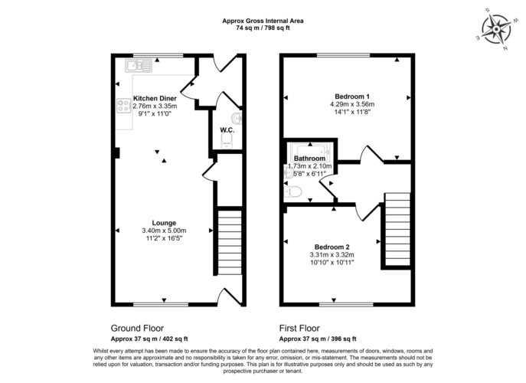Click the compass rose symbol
pyautogui.click(x=496, y=30)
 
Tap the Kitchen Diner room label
pyautogui.click(x=155, y=98)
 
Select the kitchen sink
pyautogui.click(x=139, y=65)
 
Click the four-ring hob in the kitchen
pyautogui.click(x=124, y=105)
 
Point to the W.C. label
pyautogui.click(x=227, y=130)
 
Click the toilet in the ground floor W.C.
pyautogui.click(x=227, y=141)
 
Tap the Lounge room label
pyautogui.click(x=164, y=223)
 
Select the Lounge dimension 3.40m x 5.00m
pyautogui.click(x=164, y=231)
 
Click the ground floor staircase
pyautogui.click(x=230, y=242)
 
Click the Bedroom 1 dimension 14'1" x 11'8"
pyautogui.click(x=352, y=112)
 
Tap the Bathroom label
pyautogui.click(x=309, y=158)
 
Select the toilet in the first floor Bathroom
pyautogui.click(x=292, y=192)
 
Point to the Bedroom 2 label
pyautogui.click(x=332, y=247)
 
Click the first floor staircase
pyautogui.click(x=397, y=230)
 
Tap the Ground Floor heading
pyautogui.click(x=137, y=328)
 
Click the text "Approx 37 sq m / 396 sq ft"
pyautogui.click(x=318, y=339)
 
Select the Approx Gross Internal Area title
pyautogui.click(x=263, y=21)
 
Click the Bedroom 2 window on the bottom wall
pyautogui.click(x=346, y=304)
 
